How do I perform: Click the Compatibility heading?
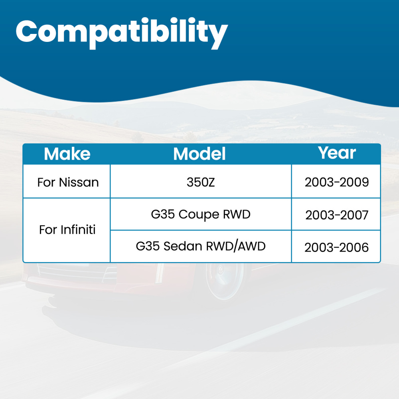122,33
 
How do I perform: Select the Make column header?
67,154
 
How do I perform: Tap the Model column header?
199,154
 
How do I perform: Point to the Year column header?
337,153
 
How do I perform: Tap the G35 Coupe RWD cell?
201,214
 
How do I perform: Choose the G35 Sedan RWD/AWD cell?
201,246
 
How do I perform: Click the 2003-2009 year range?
337,182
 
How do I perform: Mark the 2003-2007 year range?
337,215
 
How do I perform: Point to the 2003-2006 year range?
336,247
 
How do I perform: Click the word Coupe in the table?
199,215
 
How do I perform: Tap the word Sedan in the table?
183,246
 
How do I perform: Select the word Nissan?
79,182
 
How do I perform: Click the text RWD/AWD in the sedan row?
236,246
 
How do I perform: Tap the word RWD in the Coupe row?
237,214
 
